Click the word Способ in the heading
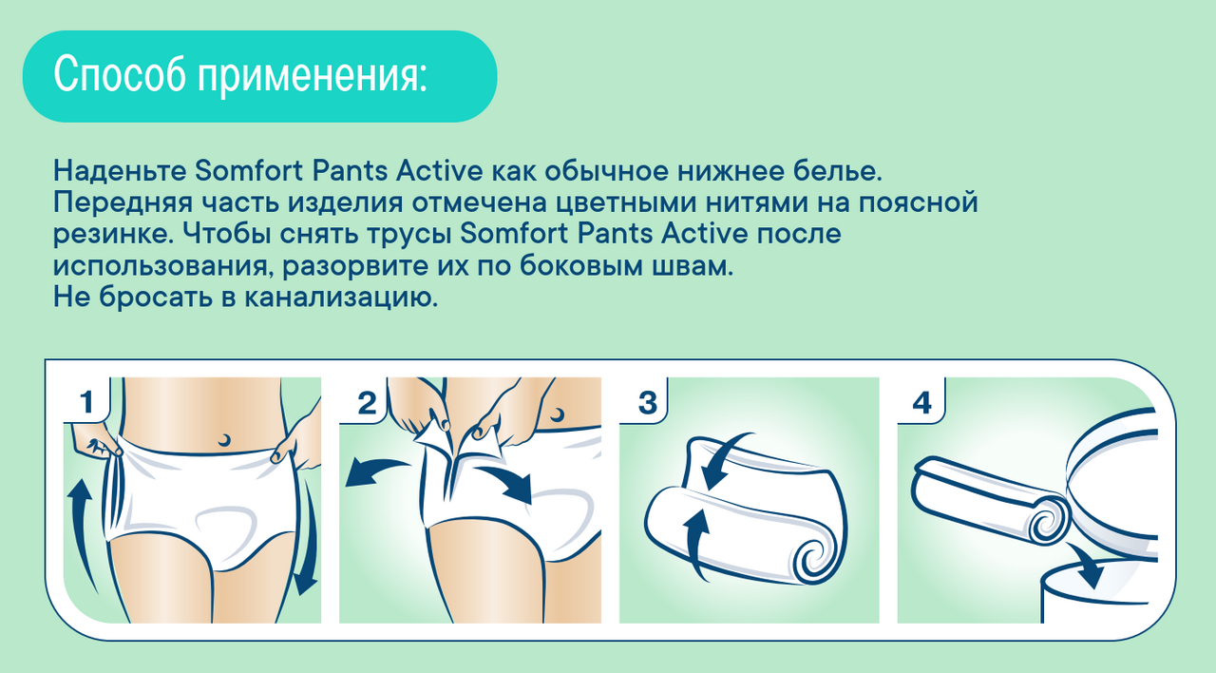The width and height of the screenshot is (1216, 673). click(x=120, y=74)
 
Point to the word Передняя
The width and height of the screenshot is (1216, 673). click(x=123, y=203)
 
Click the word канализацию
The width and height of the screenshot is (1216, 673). click(x=340, y=298)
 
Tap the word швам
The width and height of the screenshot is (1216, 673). click(x=693, y=265)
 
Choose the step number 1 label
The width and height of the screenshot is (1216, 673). click(x=86, y=402)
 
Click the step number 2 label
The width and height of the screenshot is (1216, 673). click(x=367, y=403)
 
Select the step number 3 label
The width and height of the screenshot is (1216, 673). click(x=648, y=403)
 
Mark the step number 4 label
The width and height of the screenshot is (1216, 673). click(x=922, y=403)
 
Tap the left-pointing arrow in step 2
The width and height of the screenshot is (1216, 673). click(x=374, y=471)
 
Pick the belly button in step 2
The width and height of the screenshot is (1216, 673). click(x=557, y=415)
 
